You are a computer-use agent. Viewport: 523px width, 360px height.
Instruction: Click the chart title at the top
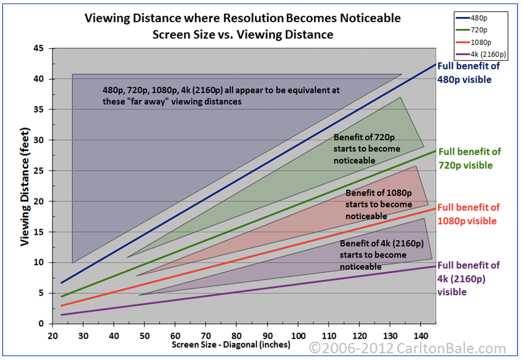(x=242, y=26)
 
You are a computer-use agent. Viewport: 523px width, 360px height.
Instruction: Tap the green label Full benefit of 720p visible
(x=469, y=158)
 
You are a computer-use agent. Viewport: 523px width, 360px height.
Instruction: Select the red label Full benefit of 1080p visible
(x=468, y=214)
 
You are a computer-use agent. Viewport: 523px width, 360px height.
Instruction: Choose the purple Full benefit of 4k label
(x=468, y=278)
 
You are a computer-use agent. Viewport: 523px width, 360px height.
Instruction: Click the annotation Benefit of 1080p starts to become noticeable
(x=378, y=204)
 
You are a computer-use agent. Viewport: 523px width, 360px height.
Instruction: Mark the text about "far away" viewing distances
(x=221, y=95)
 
